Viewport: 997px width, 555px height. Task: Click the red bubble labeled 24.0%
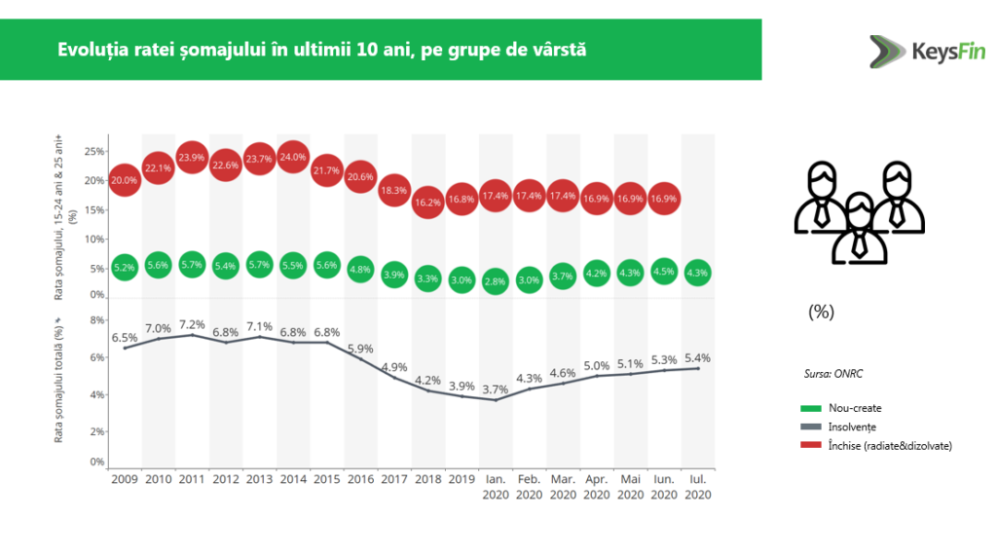[293, 157]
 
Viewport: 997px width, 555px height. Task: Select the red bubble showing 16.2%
[428, 203]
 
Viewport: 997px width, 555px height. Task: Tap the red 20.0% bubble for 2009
[124, 180]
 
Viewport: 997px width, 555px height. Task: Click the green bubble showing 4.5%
[664, 272]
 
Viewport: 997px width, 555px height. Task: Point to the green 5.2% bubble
[124, 268]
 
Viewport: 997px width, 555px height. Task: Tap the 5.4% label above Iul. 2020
[697, 357]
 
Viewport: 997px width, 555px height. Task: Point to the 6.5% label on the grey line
[124, 337]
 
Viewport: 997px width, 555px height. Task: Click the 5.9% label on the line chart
[360, 348]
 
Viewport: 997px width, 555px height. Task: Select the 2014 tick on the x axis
[293, 479]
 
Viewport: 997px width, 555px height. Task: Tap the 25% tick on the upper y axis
[94, 152]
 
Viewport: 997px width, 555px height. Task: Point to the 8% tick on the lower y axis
[96, 319]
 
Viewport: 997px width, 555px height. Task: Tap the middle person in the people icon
[858, 228]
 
